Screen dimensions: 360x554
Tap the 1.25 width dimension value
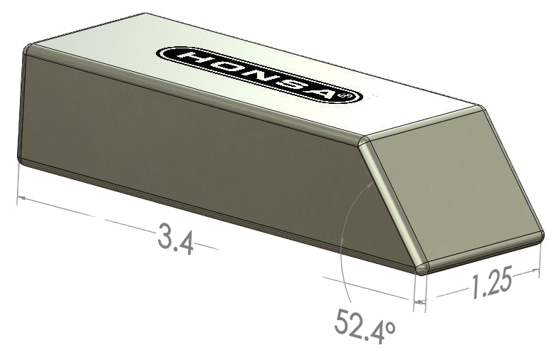[491, 284]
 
